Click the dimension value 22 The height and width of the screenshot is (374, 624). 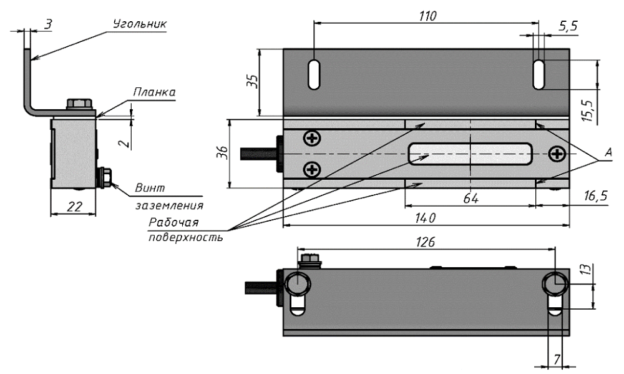pos(74,207)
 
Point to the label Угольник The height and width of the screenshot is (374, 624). pos(140,24)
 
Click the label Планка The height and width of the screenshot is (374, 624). pos(154,92)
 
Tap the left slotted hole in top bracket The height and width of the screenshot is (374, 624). pos(314,75)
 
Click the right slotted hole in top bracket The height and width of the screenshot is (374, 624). pos(539,75)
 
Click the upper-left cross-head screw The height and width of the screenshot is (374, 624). pos(310,137)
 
